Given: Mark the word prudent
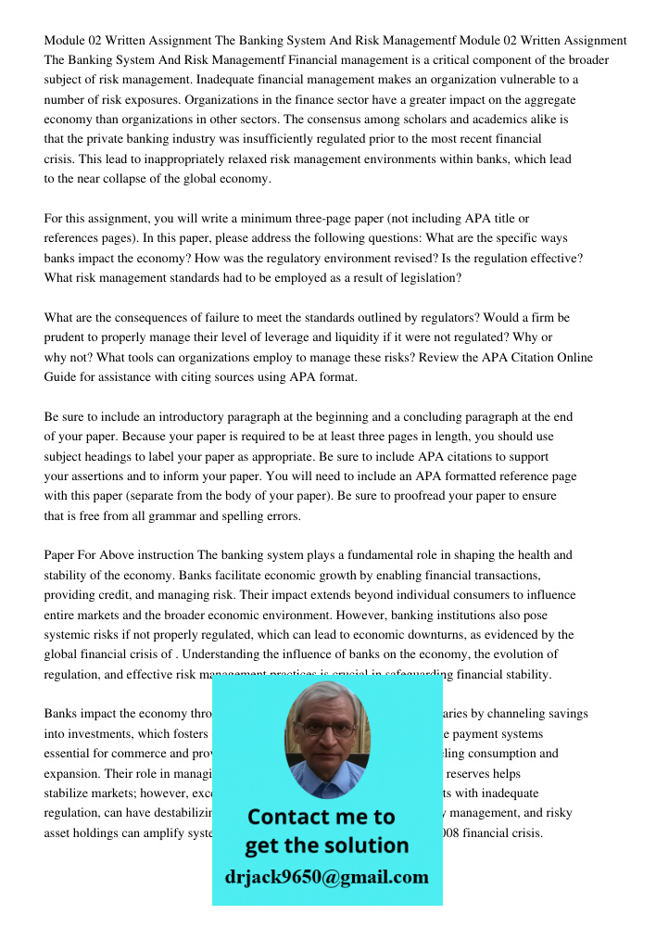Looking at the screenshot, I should [x=67, y=337].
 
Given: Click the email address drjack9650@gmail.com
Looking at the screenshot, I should [x=326, y=876].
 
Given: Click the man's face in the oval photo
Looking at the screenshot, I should [x=326, y=732].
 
